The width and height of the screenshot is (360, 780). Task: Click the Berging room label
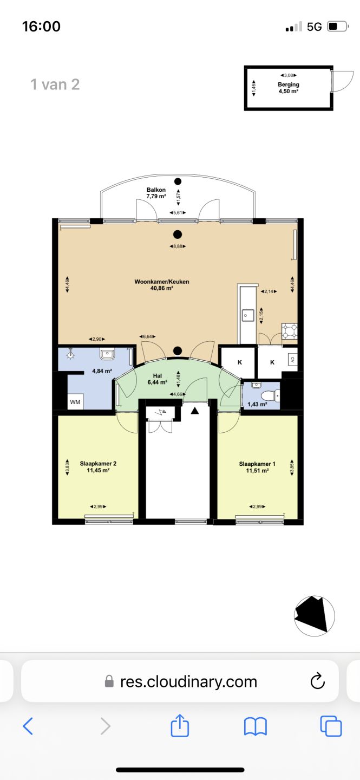coord(289,84)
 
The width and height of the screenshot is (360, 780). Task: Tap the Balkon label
coord(156,190)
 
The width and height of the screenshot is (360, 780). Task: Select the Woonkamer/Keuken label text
coord(162,282)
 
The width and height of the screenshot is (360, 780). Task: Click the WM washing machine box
coord(75,402)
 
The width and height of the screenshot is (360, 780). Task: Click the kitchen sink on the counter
coord(248,315)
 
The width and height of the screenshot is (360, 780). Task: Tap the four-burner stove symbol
coord(290,331)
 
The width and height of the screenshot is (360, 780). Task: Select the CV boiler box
coord(292,359)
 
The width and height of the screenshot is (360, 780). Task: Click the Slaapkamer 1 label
coord(257,464)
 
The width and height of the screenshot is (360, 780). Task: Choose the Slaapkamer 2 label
coord(98,464)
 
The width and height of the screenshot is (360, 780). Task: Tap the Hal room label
coord(158,376)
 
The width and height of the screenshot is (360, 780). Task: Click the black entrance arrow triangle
coord(195,411)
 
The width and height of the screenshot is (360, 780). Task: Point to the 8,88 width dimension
coord(178,246)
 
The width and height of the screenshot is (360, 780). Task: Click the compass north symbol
coord(315,616)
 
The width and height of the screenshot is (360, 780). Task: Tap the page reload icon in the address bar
coord(317,681)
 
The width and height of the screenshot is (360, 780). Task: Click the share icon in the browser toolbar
coord(180,725)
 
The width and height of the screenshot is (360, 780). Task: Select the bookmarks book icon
coord(256,726)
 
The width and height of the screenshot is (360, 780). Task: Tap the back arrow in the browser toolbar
coord(28,726)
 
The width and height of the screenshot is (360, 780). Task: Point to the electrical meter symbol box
coord(163,413)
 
